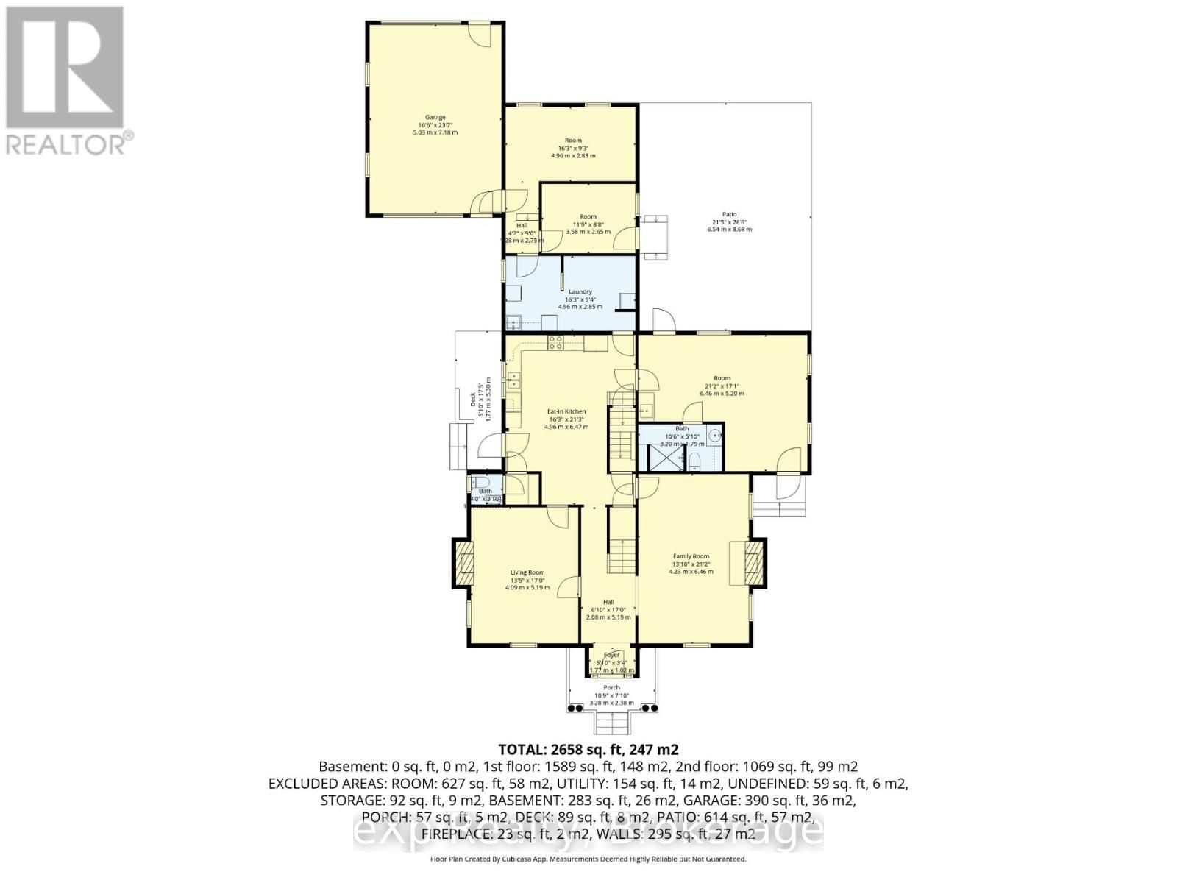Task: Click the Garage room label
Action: (x=435, y=117)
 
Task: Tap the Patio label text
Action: (x=728, y=214)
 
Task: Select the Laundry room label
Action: (x=580, y=291)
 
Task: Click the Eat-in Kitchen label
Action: (x=566, y=411)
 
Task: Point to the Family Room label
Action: (x=691, y=556)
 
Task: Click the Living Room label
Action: (x=527, y=572)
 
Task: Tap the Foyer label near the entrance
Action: (x=612, y=655)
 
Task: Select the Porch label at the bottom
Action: (x=611, y=687)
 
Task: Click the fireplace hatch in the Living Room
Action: (x=462, y=562)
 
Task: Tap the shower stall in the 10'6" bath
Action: (x=661, y=458)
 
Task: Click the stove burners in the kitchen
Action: (x=555, y=342)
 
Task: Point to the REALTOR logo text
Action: (x=69, y=143)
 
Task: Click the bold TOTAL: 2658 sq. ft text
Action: (x=588, y=750)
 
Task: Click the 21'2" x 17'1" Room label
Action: (x=722, y=378)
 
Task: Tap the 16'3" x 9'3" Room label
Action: (x=573, y=140)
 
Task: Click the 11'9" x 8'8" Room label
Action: (x=588, y=216)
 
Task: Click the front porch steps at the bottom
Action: (x=611, y=724)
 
